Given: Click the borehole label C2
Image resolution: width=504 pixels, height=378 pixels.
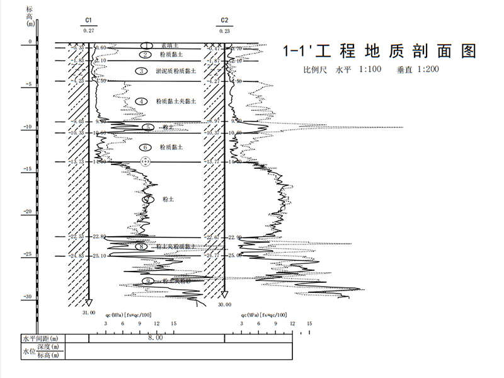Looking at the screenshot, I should click(225, 21).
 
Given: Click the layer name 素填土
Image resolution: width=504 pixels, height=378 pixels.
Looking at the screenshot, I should click(171, 46).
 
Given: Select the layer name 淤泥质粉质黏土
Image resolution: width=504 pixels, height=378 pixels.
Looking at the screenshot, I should click(176, 71).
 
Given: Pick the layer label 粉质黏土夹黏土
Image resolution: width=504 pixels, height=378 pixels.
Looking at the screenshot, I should click(176, 101).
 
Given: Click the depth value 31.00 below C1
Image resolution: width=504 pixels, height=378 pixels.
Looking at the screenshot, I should click(89, 312).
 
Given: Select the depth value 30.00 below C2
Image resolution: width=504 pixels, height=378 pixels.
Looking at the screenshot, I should click(224, 304).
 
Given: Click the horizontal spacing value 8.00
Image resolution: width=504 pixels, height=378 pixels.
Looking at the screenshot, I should click(155, 338).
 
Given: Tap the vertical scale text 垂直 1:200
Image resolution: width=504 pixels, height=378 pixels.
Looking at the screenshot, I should click(418, 69).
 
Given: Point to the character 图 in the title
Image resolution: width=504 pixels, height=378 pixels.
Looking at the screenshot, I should click(467, 51).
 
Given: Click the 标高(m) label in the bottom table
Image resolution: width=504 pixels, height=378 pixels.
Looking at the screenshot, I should click(52, 355).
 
